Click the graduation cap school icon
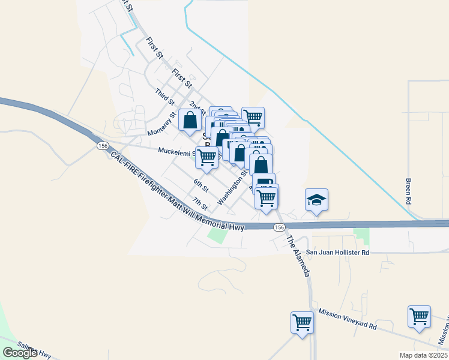[x=316, y=200]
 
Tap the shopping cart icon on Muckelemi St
[x=207, y=158]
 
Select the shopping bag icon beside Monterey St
[x=190, y=119]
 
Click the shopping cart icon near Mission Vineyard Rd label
[x=301, y=322]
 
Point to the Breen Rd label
[x=408, y=190]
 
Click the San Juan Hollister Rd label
[x=337, y=253]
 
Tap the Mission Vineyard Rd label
[x=348, y=319]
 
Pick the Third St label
[x=163, y=95]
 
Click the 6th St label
[x=200, y=185]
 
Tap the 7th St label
[x=199, y=203]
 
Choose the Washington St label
[x=234, y=188]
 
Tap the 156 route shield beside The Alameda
[x=279, y=227]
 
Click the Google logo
[x=20, y=352]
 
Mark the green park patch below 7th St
[x=217, y=235]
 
